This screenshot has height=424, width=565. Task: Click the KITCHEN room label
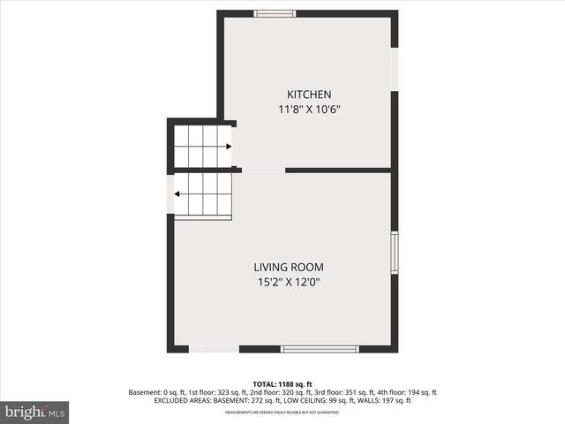308,95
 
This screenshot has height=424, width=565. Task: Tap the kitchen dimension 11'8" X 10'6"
308,110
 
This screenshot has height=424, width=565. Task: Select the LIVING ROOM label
288,267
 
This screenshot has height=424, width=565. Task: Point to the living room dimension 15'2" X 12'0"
288,283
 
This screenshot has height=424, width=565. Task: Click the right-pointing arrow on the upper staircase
228,147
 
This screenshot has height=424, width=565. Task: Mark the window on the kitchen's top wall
275,13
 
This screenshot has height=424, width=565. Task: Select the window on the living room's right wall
395,253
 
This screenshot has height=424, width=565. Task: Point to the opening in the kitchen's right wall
395,67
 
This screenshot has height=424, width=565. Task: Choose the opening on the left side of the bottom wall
213,349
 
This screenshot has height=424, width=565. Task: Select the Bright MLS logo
34,412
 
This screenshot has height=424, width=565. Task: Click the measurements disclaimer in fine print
282,412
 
